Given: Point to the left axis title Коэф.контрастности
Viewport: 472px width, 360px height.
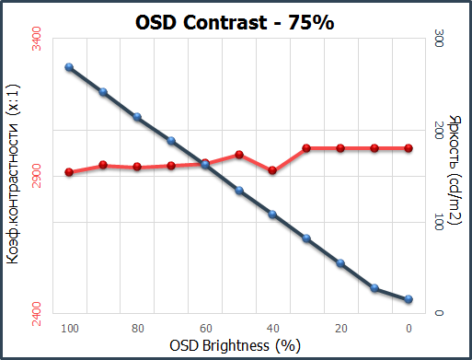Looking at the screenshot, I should [x=13, y=180].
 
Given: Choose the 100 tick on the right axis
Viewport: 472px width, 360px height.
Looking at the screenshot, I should [x=439, y=222].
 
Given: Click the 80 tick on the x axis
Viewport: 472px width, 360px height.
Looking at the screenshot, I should [x=137, y=328].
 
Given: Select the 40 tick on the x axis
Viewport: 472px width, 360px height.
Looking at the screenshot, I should [x=273, y=328].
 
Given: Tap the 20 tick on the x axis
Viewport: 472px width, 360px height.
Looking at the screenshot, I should [x=340, y=328].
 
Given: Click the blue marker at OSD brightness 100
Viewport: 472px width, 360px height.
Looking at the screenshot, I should [x=69, y=67].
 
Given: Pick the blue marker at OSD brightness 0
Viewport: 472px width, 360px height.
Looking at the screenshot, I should [x=409, y=299].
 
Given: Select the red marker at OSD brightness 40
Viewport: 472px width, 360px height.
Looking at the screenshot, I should [x=273, y=170].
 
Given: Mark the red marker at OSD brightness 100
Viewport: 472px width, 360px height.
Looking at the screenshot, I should [x=69, y=172].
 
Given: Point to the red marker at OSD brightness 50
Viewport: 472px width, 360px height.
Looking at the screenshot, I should [x=239, y=155].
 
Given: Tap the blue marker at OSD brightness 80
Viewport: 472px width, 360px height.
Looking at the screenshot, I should [x=137, y=117].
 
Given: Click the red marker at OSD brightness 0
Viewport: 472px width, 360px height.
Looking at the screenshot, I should [x=409, y=148].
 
